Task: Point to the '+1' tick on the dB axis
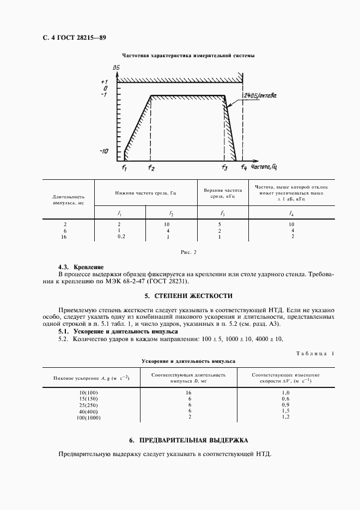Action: (105, 82)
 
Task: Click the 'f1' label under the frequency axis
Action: (124, 168)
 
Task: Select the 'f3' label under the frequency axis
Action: (224, 168)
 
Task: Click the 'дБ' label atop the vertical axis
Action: (116, 67)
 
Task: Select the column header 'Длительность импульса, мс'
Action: (69, 199)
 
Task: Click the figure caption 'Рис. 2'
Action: (187, 252)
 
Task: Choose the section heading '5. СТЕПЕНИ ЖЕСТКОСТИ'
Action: (188, 296)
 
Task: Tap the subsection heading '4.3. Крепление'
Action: (81, 268)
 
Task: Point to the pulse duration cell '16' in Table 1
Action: (190, 392)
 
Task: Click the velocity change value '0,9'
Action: (286, 405)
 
